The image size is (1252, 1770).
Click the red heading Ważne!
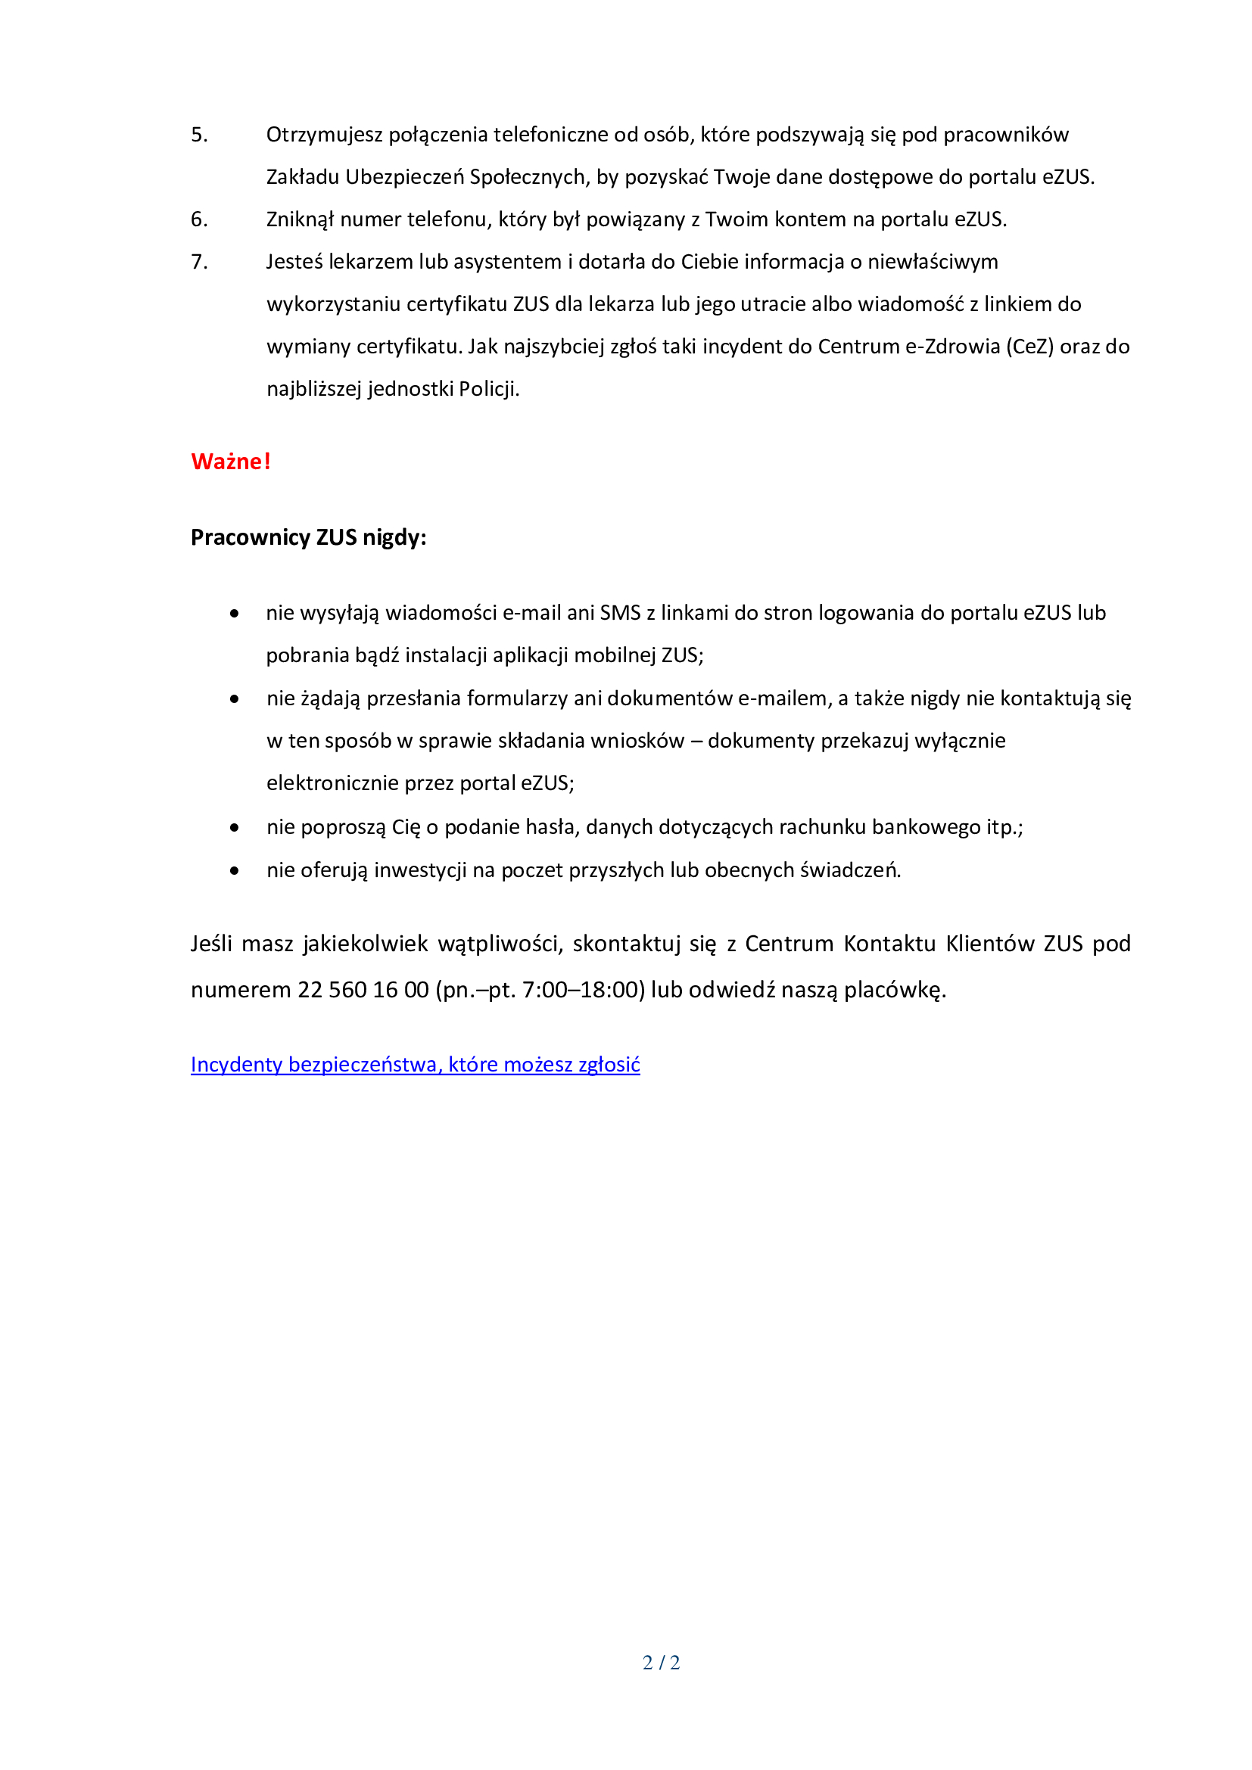coord(231,461)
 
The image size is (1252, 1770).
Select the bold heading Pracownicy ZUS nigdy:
coord(308,537)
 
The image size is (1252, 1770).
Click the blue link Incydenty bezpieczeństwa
coord(415,1064)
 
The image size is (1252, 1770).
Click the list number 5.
coord(199,135)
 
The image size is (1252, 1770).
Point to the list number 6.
coord(199,219)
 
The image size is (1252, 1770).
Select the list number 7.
coord(199,262)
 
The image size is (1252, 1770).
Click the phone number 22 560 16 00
coord(363,989)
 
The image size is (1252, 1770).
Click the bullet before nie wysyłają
coord(235,614)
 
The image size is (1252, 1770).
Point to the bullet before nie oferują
coord(235,870)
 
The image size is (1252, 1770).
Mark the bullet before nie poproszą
coord(235,827)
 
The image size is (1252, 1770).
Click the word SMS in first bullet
coord(620,613)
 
